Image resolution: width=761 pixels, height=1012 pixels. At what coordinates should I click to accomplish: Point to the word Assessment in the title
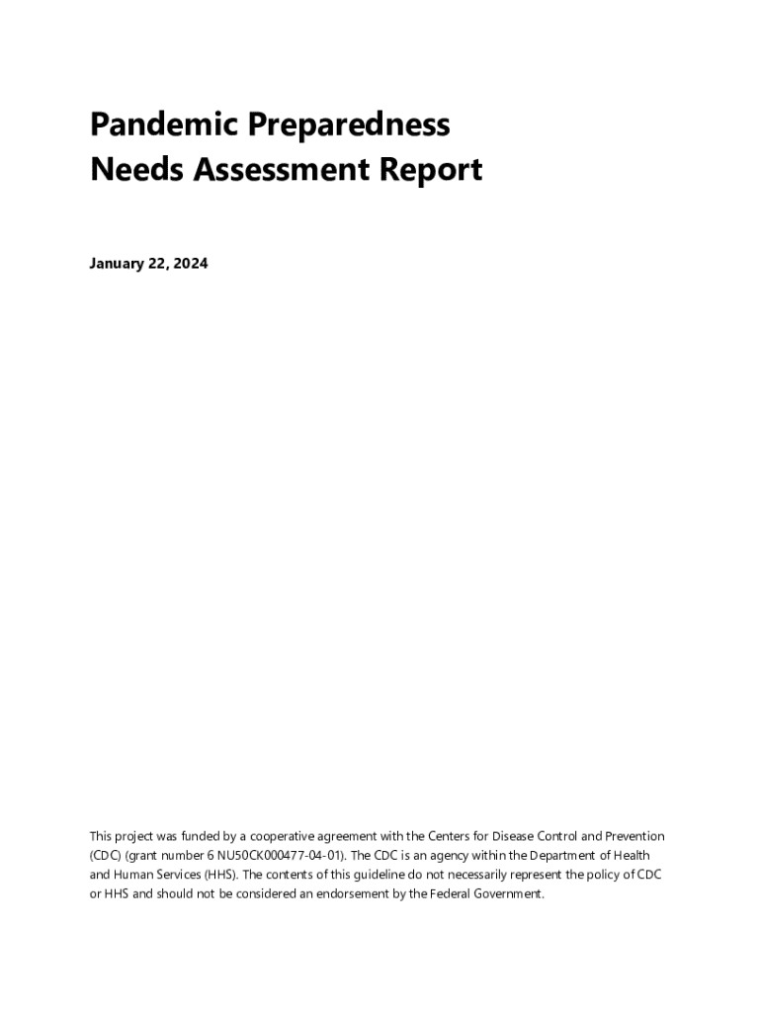pos(278,170)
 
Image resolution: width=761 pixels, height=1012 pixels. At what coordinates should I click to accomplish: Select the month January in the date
pos(116,264)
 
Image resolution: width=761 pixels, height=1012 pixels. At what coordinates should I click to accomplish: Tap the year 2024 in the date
pos(189,264)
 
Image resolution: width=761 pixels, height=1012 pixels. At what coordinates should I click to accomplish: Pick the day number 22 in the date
pos(159,264)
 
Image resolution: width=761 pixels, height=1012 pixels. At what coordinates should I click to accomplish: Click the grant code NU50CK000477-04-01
pos(271,855)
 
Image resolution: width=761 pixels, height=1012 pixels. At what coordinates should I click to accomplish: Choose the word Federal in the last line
pos(434,893)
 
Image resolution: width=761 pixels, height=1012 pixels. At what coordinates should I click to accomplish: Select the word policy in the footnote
pos(596,875)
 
